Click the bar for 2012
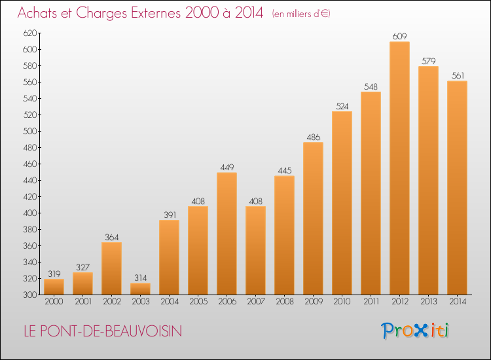399,168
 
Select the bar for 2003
140,289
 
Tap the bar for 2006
227,234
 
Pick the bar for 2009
313,219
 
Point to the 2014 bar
457,188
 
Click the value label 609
399,36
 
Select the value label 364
112,238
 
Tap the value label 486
314,137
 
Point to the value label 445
285,171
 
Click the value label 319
54,274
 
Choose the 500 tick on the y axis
30,131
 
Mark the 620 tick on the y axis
30,33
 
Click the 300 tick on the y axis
30,295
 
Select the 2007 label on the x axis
256,302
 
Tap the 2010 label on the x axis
342,302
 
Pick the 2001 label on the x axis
83,302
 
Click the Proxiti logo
415,331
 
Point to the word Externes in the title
155,13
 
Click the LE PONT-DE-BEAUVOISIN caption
103,331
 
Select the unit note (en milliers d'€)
301,14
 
